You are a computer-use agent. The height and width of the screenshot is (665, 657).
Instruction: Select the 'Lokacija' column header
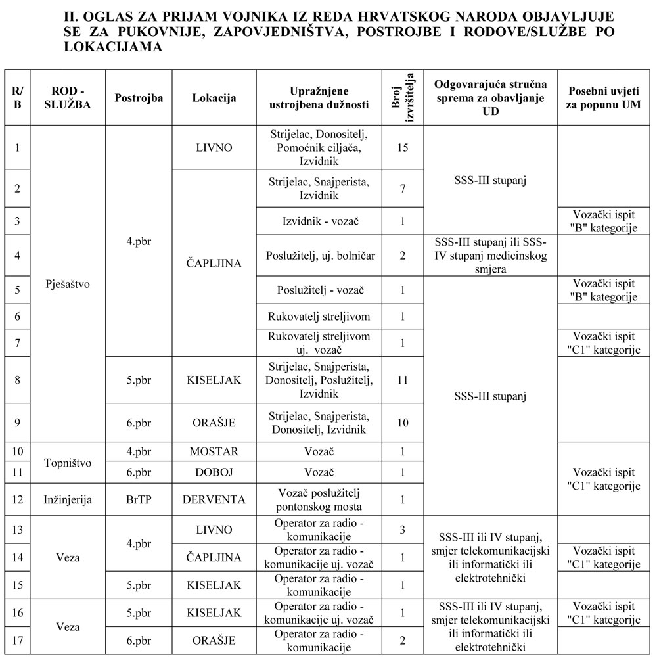[x=214, y=97]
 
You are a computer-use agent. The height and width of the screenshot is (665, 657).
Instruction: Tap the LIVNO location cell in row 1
[x=214, y=147]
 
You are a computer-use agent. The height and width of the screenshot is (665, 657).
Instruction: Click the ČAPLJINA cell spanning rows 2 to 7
[x=214, y=263]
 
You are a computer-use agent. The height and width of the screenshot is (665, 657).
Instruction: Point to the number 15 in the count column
[x=403, y=147]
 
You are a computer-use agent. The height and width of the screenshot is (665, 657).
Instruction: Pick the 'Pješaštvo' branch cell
[x=68, y=284]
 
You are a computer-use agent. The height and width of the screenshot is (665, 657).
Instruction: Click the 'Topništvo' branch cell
[x=68, y=463]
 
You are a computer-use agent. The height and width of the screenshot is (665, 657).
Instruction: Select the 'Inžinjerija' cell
[x=68, y=500]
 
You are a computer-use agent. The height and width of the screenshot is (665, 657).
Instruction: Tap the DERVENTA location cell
[x=214, y=500]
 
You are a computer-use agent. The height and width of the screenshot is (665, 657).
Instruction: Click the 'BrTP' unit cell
[x=139, y=500]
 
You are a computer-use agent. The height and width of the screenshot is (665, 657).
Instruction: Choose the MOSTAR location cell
[x=214, y=452]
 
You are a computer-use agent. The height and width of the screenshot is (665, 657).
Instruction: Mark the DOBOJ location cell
[x=214, y=473]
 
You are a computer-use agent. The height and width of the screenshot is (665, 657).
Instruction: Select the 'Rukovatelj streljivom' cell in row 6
[x=319, y=317]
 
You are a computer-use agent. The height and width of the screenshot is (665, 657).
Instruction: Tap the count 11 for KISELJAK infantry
[x=403, y=380]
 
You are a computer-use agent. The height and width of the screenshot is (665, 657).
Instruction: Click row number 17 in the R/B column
[x=18, y=641]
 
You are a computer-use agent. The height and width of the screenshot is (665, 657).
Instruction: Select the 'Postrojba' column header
[x=139, y=97]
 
